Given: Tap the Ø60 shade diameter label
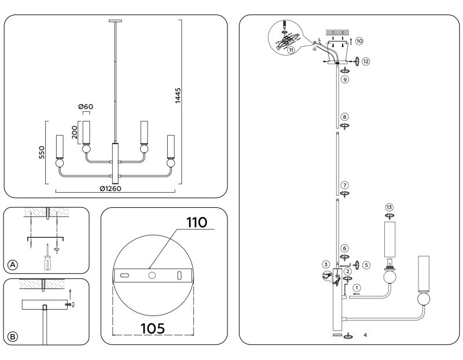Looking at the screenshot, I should [86, 107].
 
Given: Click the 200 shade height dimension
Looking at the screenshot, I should [74, 133].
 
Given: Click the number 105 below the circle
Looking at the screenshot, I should [153, 328].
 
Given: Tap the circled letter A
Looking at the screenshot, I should [12, 265].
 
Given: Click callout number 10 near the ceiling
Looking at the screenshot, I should [359, 41].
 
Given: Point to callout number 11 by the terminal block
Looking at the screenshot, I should [291, 50].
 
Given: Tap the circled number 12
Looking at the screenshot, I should [365, 61].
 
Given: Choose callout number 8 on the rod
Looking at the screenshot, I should [344, 116].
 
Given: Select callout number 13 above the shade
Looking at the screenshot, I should [389, 207].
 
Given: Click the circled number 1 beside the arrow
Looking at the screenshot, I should [357, 287].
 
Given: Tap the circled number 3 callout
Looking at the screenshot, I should [326, 265].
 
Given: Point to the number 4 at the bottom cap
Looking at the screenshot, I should [365, 335].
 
